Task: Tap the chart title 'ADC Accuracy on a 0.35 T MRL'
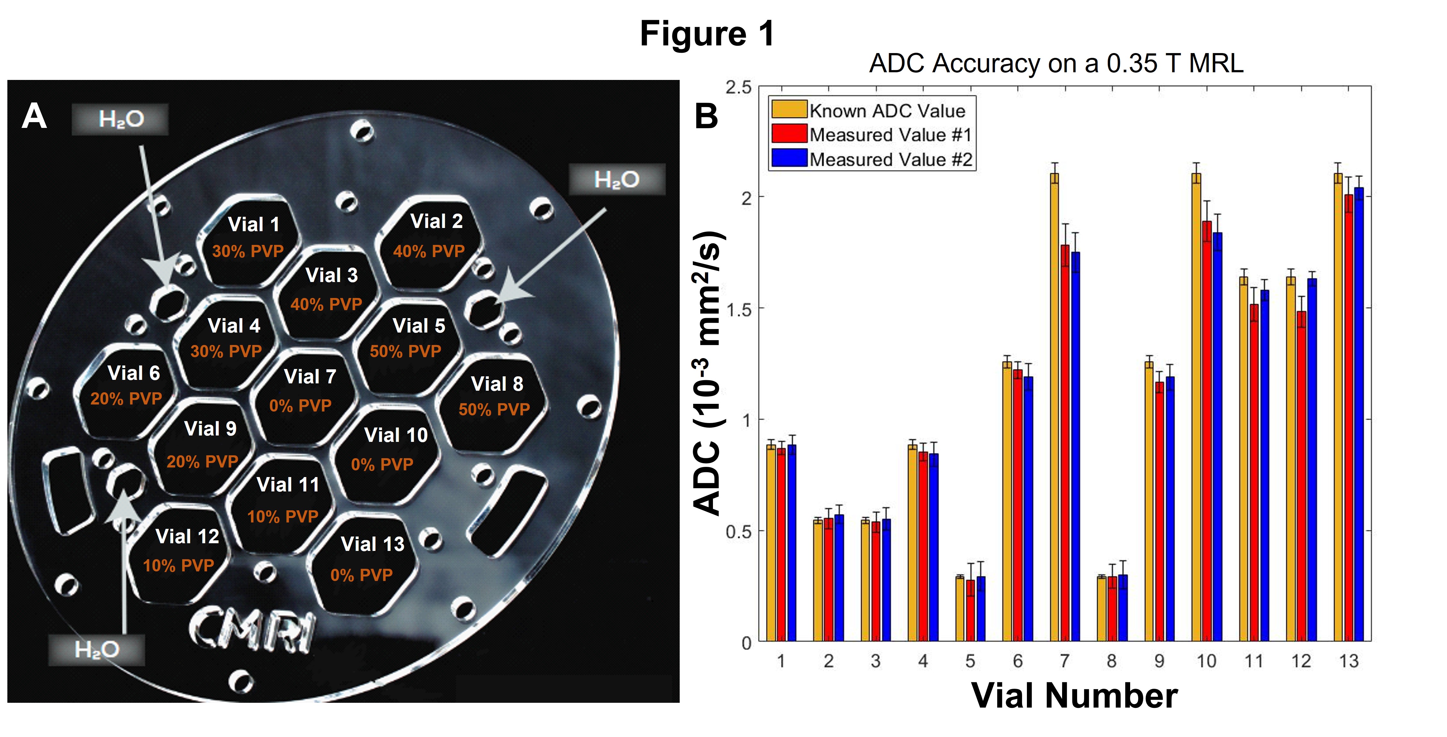point(1056,63)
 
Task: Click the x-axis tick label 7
point(1064,661)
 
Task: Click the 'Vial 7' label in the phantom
point(310,376)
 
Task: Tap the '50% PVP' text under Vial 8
point(494,410)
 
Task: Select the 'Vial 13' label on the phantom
point(372,544)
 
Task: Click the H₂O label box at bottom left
point(97,650)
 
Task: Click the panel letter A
point(34,117)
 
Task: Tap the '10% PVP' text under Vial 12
point(179,565)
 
